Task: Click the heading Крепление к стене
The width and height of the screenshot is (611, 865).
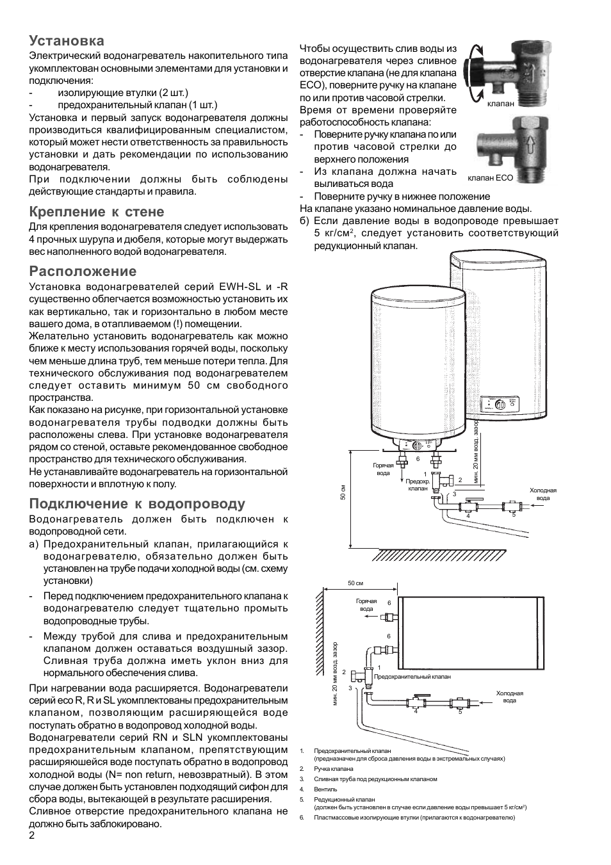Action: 97,212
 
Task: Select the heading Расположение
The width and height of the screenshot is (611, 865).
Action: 83,271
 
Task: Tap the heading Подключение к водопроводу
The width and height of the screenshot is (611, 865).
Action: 137,504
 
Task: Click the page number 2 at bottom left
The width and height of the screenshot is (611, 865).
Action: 32,836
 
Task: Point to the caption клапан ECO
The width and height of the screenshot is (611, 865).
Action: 491,178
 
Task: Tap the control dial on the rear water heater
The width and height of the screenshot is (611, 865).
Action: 502,404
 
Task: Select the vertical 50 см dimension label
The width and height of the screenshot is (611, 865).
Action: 344,493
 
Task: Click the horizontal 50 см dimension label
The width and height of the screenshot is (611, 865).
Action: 355,583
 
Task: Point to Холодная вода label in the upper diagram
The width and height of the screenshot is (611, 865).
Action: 542,494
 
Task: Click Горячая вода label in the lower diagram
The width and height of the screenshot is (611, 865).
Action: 366,605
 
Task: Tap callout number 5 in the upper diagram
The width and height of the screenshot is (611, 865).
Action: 514,515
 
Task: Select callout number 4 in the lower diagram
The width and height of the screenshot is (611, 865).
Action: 415,712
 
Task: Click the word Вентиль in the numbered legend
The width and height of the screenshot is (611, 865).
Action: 325,789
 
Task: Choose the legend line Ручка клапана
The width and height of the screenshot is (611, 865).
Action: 334,769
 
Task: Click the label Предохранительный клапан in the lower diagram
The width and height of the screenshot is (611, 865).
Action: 412,676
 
